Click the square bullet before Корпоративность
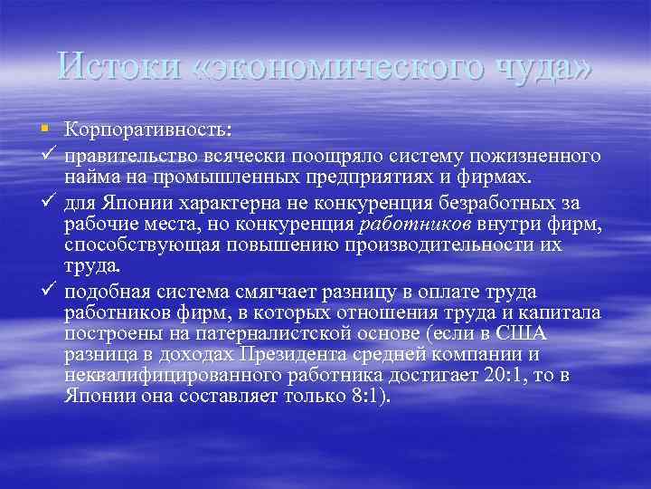46,124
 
